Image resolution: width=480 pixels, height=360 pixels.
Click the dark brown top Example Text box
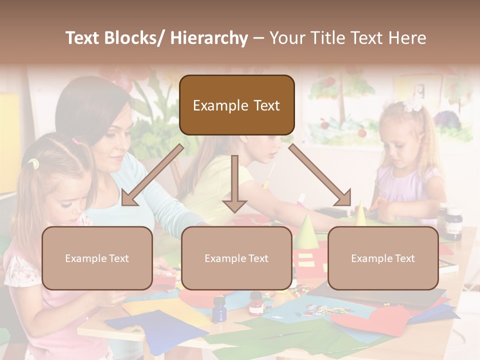236,105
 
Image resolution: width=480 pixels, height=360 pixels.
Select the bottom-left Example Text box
97,258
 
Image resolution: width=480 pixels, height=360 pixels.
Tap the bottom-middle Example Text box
236,258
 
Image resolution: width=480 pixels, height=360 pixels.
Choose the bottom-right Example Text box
383,258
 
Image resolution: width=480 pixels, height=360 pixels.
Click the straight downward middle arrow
234,183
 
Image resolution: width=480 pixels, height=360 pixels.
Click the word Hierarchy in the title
209,38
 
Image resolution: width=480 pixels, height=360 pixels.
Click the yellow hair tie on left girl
33,163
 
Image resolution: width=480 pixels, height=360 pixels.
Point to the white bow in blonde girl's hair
413,104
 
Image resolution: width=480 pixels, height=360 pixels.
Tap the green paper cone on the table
306,232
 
